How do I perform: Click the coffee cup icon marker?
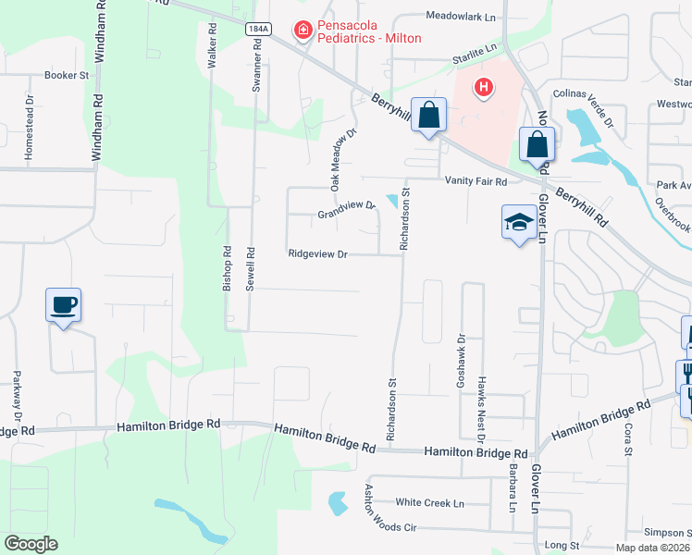[x=64, y=304]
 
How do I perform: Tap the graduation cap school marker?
[x=519, y=222]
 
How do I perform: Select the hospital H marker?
[x=482, y=88]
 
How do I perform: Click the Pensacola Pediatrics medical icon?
[x=303, y=31]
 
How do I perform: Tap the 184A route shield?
[x=258, y=30]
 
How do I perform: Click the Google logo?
[x=31, y=544]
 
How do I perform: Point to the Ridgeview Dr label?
[x=316, y=253]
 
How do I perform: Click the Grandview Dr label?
[x=346, y=212]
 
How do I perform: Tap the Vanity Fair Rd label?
[x=476, y=182]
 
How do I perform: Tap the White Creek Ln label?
[x=429, y=502]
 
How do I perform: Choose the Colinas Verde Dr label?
[x=584, y=107]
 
